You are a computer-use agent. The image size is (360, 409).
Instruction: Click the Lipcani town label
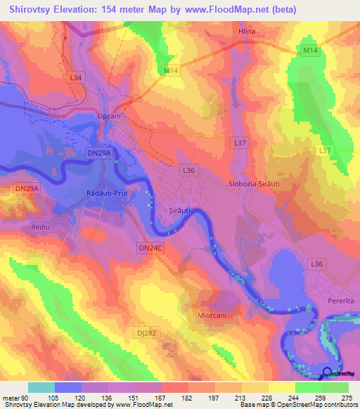click(x=109, y=117)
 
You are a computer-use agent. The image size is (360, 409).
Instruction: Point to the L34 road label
click(x=76, y=77)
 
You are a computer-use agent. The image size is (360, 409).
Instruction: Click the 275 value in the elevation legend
click(x=347, y=398)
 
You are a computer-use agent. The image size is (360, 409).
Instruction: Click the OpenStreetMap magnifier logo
click(x=327, y=372)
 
